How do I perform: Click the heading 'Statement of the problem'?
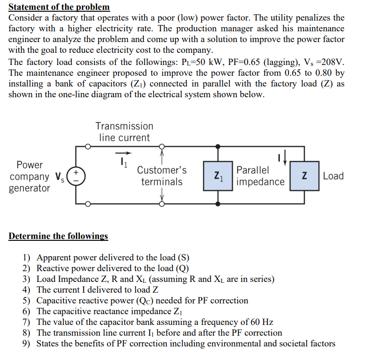59,7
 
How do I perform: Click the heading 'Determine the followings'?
58,236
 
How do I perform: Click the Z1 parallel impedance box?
218,176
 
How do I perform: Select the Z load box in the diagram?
304,176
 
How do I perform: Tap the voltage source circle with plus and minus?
77,176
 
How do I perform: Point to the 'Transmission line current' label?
124,132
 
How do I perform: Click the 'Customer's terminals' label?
162,176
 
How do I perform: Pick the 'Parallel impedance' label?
260,176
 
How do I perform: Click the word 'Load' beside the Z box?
333,176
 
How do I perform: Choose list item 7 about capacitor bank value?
155,322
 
